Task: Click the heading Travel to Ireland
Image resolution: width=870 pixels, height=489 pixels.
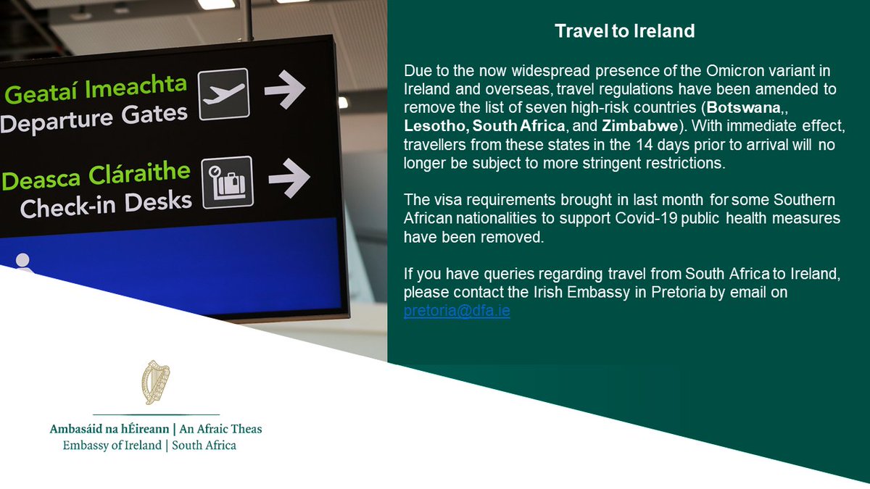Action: tap(624, 31)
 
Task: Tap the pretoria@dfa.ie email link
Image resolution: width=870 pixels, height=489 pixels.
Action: tap(457, 312)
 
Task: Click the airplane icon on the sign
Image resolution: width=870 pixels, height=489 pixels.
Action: tap(223, 94)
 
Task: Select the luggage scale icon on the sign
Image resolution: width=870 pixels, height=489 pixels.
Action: tap(227, 181)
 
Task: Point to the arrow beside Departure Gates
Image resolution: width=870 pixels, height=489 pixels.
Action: tap(285, 88)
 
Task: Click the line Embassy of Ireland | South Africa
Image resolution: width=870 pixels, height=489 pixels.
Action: tap(149, 445)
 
